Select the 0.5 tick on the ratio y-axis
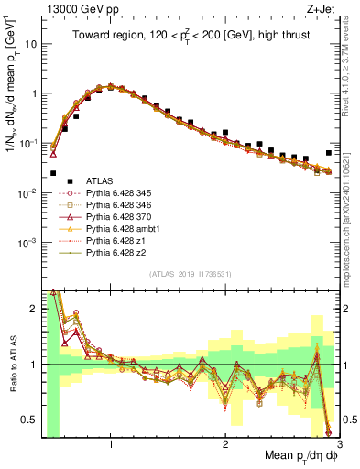click(32, 420)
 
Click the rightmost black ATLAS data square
click(329, 153)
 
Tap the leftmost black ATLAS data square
click(53, 172)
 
